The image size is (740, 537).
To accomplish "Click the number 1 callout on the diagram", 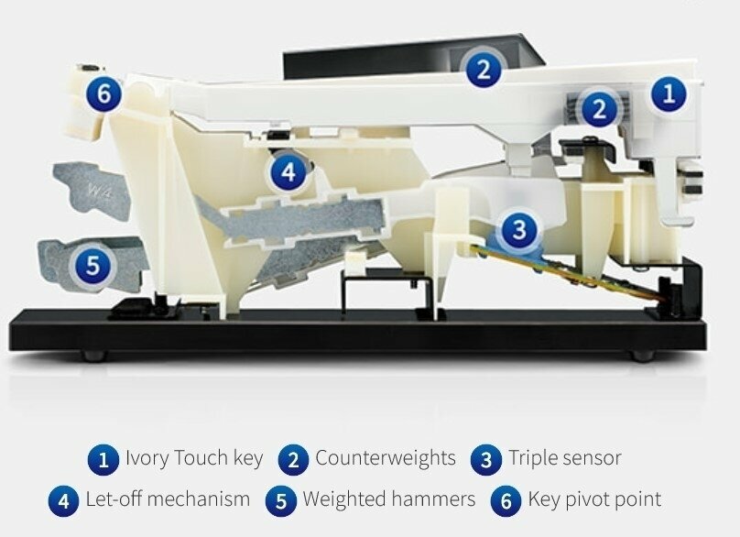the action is [669, 93].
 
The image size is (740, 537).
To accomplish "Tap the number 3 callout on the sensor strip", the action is [519, 230].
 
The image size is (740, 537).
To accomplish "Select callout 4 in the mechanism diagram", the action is [288, 172].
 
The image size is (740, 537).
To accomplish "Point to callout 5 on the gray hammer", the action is [93, 264].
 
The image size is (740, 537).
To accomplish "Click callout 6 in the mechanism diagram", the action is [103, 94].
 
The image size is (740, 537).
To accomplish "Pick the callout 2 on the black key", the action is [484, 70].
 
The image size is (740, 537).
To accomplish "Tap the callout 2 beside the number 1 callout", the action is [599, 108].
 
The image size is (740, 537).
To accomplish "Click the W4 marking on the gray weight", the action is [100, 192].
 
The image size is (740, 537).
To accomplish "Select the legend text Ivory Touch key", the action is [194, 458].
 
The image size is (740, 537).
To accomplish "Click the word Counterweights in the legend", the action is [386, 457].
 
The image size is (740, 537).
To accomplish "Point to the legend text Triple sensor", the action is [564, 458].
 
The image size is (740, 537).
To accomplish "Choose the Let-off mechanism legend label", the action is [168, 499].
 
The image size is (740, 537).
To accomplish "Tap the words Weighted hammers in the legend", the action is [389, 499].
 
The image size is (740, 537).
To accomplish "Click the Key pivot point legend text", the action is [594, 499].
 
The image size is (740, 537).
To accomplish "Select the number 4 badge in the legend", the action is [64, 500].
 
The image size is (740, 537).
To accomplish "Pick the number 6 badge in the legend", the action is [506, 500].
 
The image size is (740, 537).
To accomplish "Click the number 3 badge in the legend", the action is [486, 459].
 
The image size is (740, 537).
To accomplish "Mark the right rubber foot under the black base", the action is [643, 356].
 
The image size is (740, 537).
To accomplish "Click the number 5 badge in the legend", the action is [281, 500].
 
